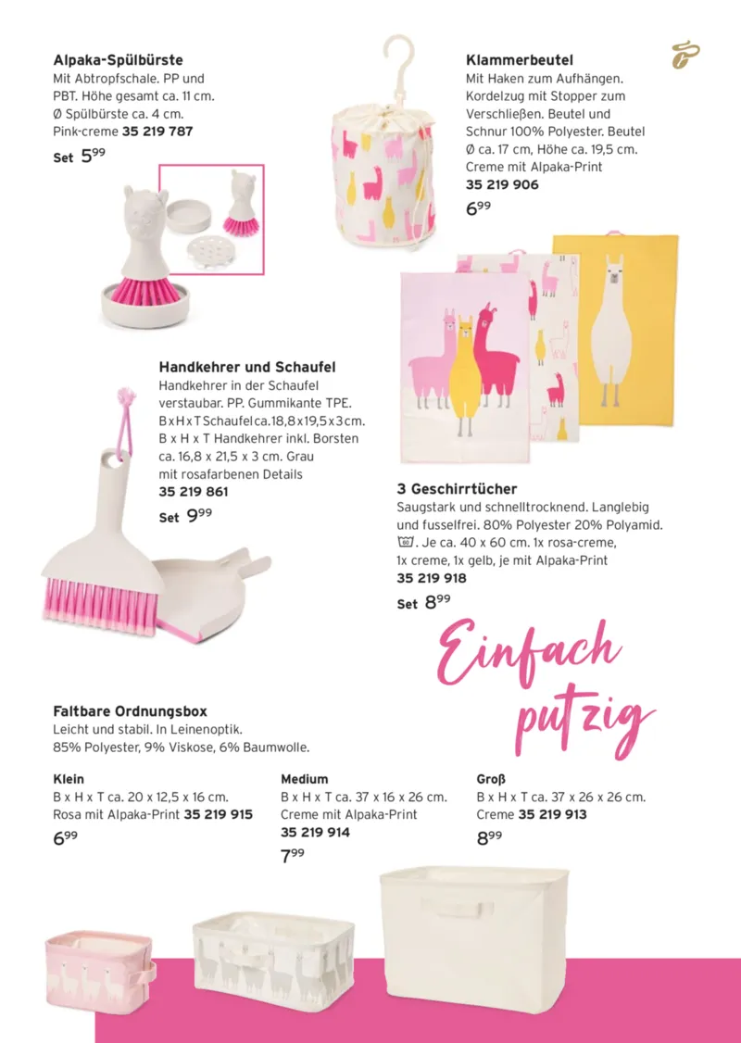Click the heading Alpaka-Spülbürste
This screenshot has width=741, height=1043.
pos(118,60)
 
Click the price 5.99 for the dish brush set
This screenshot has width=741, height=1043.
pos(93,157)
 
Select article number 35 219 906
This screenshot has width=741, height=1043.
pos(501,185)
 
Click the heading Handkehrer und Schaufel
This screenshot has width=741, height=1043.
pos(247,367)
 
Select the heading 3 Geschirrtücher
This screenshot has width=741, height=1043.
pos(457,489)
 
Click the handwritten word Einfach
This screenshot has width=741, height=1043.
pos(529,653)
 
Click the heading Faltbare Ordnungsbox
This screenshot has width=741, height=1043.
pos(131,711)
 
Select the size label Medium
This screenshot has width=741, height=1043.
pos(304,779)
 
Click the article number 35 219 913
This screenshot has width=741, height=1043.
pos(552,815)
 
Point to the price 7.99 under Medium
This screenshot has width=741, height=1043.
pos(293,855)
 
